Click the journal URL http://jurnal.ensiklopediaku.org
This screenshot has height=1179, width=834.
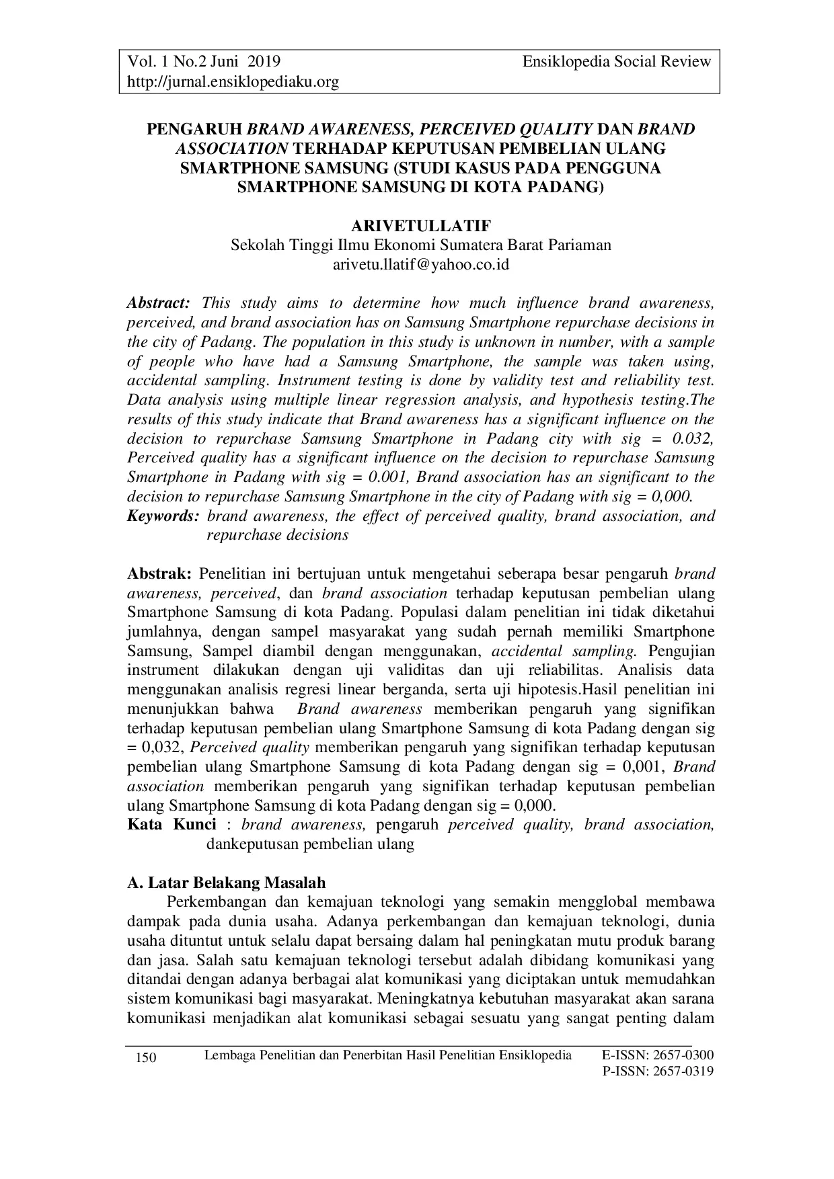(x=233, y=82)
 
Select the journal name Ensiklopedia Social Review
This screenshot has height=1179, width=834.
(x=616, y=62)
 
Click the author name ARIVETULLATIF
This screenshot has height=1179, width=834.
(x=421, y=226)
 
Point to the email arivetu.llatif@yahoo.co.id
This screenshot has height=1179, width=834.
(x=421, y=264)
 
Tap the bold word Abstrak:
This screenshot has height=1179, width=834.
(x=160, y=574)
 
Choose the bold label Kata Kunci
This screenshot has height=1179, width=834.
(x=172, y=825)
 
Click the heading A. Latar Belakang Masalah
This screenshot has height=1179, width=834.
(x=227, y=883)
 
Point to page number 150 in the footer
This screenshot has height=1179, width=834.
(x=146, y=1059)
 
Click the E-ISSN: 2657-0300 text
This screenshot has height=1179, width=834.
(x=657, y=1054)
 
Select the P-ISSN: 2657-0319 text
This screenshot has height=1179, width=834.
(x=657, y=1071)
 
